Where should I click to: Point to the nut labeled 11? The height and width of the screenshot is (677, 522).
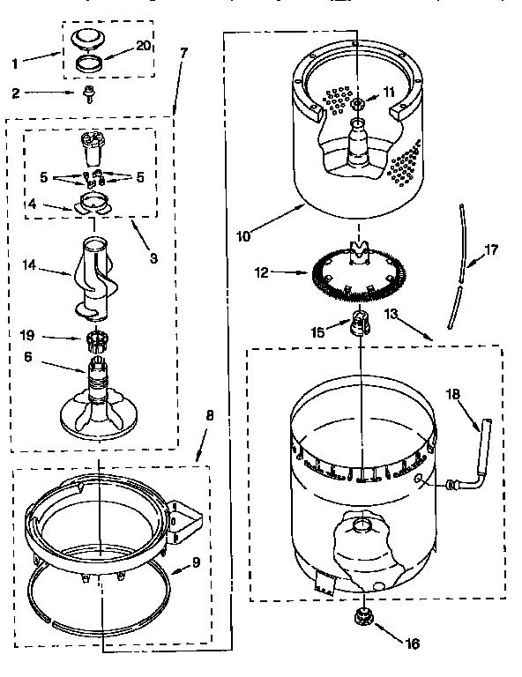(x=358, y=105)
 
